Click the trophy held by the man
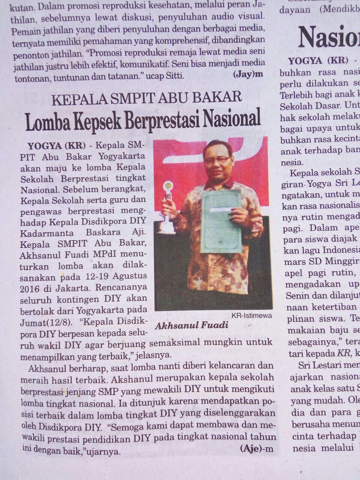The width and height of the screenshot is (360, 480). [x=167, y=208]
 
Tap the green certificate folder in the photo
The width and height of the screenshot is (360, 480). [x=222, y=221]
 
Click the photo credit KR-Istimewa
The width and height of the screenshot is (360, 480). [x=251, y=315]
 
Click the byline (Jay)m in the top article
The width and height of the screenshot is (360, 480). [x=248, y=74]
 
